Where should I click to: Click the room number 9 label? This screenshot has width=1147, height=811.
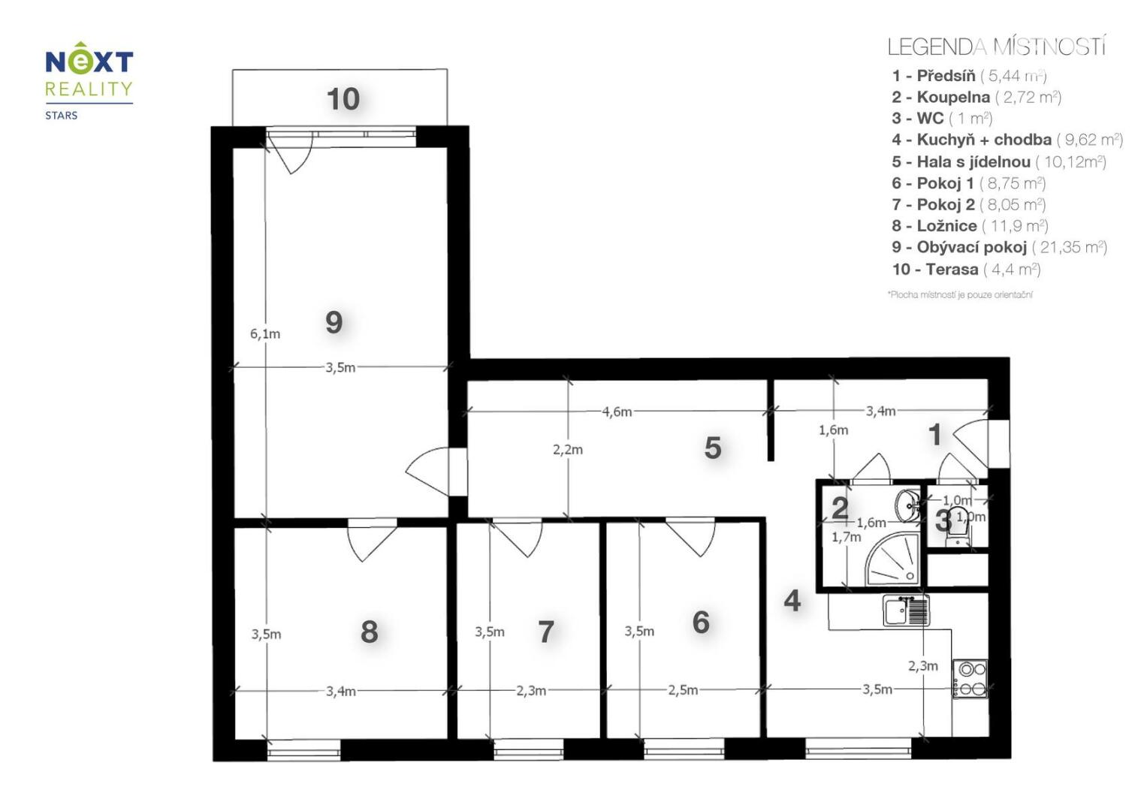coord(334,322)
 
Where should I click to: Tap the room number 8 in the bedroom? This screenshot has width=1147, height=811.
coord(370,632)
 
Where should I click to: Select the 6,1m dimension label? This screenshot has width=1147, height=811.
coord(264,334)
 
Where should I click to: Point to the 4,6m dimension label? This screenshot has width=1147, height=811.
coord(617,412)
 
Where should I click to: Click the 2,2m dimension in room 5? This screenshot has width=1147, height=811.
coord(567,450)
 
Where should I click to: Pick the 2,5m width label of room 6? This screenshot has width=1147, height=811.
coord(683,690)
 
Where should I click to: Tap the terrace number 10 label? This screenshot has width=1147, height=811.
coord(343,99)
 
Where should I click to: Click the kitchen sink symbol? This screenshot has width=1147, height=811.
coord(906,611)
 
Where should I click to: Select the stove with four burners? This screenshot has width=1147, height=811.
coord(970,678)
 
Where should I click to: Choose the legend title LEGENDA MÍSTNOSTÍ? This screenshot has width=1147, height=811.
coord(997,47)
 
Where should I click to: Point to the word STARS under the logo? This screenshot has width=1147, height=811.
coord(62,116)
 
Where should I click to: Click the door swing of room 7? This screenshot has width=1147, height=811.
coord(518,538)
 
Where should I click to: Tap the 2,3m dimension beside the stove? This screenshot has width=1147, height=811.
coord(922,666)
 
